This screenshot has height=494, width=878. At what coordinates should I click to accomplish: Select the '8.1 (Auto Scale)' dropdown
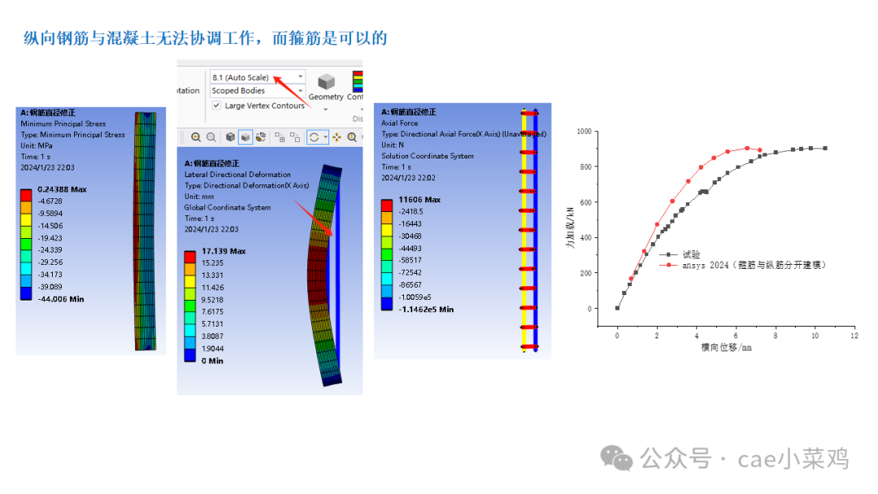[x=257, y=77]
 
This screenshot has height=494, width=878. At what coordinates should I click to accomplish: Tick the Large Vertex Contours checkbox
[x=216, y=106]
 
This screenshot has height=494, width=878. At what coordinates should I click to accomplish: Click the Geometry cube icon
[x=326, y=82]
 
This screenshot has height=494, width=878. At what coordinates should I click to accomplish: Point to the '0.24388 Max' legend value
[x=62, y=188]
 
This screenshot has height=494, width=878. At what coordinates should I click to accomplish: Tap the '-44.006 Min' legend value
[x=60, y=299]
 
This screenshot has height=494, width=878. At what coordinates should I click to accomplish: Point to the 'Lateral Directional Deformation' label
[x=237, y=174]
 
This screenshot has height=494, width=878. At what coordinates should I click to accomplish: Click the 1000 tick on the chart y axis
[x=583, y=131]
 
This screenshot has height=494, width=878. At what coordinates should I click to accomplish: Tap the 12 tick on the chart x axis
[x=854, y=335]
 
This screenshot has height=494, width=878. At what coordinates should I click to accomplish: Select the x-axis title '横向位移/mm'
[x=726, y=347]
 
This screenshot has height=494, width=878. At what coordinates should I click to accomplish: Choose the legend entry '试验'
[x=691, y=254]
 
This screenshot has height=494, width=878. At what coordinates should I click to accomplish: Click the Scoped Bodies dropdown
[x=257, y=91]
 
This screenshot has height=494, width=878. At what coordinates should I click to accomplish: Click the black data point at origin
[x=617, y=308]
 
